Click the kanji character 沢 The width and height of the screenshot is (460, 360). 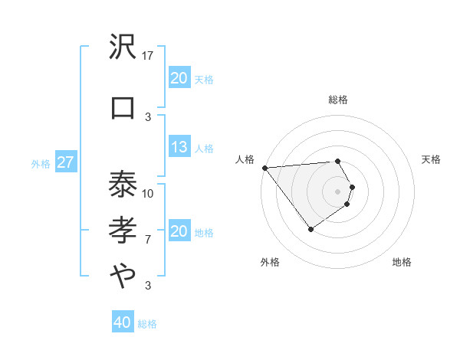(123, 47)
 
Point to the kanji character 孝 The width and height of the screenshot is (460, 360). (123, 231)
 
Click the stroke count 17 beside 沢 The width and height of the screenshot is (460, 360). (148, 55)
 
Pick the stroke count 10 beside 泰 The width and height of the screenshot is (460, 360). (148, 193)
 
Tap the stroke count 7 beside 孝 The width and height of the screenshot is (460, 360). (148, 240)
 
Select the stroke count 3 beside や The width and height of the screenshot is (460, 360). (148, 286)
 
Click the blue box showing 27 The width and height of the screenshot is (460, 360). (65, 162)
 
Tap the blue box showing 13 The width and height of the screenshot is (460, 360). (179, 147)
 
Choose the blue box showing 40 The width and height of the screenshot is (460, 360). (122, 322)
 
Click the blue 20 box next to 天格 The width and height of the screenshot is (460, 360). (179, 77)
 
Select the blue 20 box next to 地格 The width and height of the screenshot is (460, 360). (179, 231)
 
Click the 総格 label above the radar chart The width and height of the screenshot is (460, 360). (338, 100)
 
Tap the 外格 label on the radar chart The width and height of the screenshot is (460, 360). (270, 262)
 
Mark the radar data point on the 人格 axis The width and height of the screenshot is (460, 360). (264, 167)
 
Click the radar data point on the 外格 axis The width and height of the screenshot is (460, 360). (310, 229)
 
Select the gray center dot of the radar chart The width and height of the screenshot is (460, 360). (337, 190)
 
